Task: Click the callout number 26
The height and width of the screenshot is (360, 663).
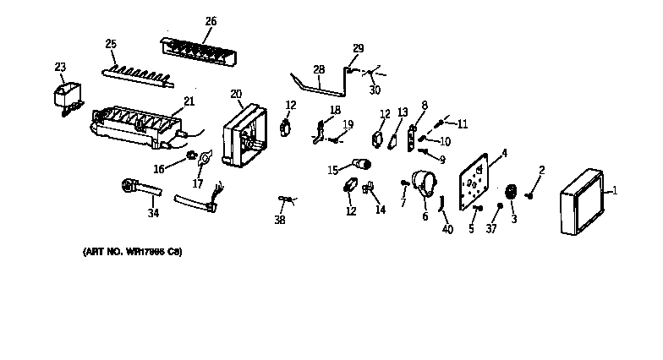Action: tap(211, 21)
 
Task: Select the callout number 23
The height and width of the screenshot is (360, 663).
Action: tap(60, 66)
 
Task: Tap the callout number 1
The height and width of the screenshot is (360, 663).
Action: tap(615, 192)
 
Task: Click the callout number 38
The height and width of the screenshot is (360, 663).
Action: tap(280, 220)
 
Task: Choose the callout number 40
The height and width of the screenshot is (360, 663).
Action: tap(448, 228)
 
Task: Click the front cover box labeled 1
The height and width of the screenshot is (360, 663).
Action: tap(582, 202)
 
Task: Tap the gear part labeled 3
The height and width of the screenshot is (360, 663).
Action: tap(510, 193)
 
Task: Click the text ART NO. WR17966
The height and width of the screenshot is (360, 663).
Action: tap(132, 252)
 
